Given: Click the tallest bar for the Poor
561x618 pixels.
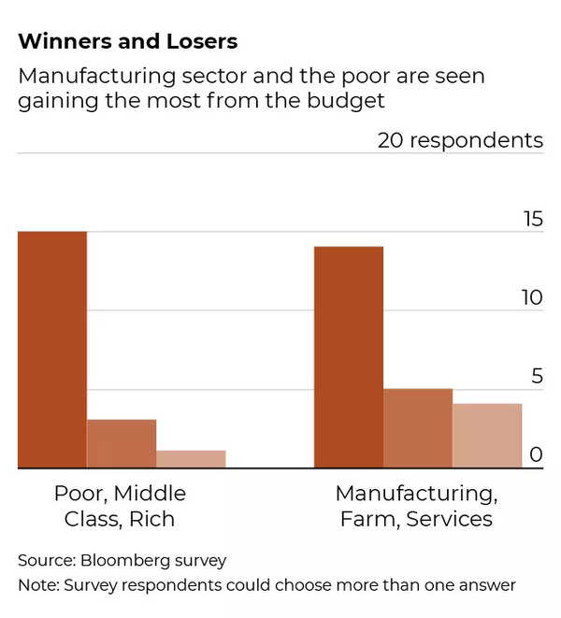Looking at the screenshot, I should click(52, 349).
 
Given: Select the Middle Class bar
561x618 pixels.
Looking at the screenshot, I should click(122, 443).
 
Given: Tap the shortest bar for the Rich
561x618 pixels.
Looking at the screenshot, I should click(191, 458).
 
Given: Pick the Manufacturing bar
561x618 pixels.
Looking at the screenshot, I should click(348, 356).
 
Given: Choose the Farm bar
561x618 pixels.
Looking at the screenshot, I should click(418, 427).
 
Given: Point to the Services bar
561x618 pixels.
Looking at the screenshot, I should click(487, 435).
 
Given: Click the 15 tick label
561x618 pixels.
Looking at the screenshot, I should click(532, 220).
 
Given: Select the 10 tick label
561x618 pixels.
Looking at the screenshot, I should click(532, 298).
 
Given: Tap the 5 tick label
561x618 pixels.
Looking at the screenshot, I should click(537, 377).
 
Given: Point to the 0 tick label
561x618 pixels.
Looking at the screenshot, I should click(537, 455).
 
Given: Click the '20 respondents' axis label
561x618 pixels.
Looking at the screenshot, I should click(460, 140).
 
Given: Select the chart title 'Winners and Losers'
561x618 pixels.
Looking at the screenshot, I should click(127, 42).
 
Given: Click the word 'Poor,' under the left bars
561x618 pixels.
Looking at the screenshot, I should click(79, 493).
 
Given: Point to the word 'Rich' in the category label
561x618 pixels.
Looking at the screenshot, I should click(153, 519).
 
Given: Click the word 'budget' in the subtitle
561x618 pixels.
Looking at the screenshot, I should click(354, 100).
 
